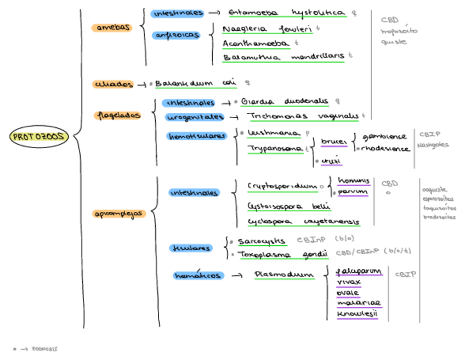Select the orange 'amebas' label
(x=113, y=27)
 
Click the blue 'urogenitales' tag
(x=195, y=116)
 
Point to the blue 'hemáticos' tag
(x=197, y=275)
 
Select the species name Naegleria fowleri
(x=268, y=29)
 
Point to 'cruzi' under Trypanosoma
(x=331, y=160)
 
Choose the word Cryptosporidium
(x=282, y=186)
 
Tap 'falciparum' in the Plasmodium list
(x=359, y=272)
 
